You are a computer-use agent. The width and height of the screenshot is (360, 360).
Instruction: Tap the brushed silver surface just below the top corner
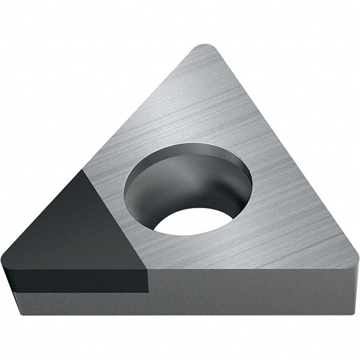pyautogui.click(x=207, y=78)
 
